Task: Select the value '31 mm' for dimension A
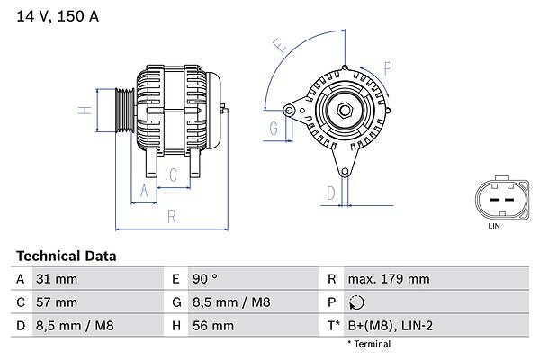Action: (x=56, y=279)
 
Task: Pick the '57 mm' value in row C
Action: (x=56, y=301)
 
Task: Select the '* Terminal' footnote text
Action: (x=369, y=344)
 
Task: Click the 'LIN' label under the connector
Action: (x=493, y=226)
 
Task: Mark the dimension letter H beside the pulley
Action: (x=82, y=111)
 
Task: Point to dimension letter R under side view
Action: (x=170, y=216)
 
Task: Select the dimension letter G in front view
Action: (x=273, y=129)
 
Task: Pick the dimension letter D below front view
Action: (x=331, y=192)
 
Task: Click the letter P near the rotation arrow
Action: (x=389, y=67)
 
